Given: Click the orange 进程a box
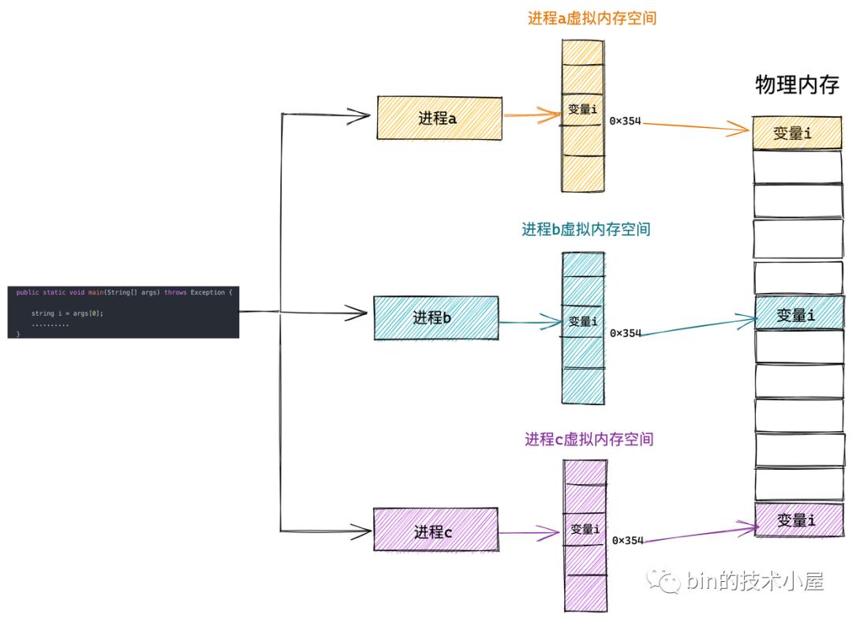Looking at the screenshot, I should point(439,118).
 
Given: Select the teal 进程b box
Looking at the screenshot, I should point(435,317).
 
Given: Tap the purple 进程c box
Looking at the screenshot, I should point(435,531).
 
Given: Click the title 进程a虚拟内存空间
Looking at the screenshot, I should point(592,18).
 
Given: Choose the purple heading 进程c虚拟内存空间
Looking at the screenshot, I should point(589,439).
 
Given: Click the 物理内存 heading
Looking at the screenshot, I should point(797,85).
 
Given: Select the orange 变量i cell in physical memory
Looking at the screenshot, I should point(796,133).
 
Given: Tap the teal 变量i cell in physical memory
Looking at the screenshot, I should point(796,314).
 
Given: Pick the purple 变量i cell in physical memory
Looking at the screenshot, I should point(796,520).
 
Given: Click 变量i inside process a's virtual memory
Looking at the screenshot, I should point(583,110).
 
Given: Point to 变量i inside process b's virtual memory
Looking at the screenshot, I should point(583,321).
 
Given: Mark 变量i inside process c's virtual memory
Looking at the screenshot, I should point(585,529).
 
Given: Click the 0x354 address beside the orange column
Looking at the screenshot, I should point(626,122).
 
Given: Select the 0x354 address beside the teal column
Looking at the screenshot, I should point(626,333).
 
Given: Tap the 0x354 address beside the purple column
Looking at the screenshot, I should point(628,540).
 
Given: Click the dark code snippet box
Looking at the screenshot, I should point(123,313).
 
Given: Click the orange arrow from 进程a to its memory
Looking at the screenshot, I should point(532,114).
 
